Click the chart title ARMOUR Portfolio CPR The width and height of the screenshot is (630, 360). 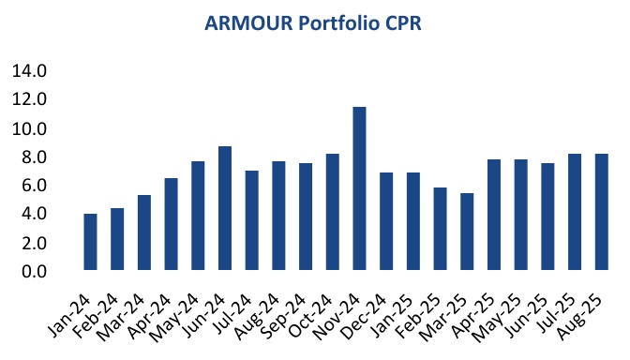click(316, 22)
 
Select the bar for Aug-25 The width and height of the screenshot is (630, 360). click(602, 213)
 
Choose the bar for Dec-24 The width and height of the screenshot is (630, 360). click(386, 222)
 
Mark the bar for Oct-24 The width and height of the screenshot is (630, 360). click(332, 213)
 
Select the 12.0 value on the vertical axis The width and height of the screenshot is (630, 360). click(29, 99)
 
